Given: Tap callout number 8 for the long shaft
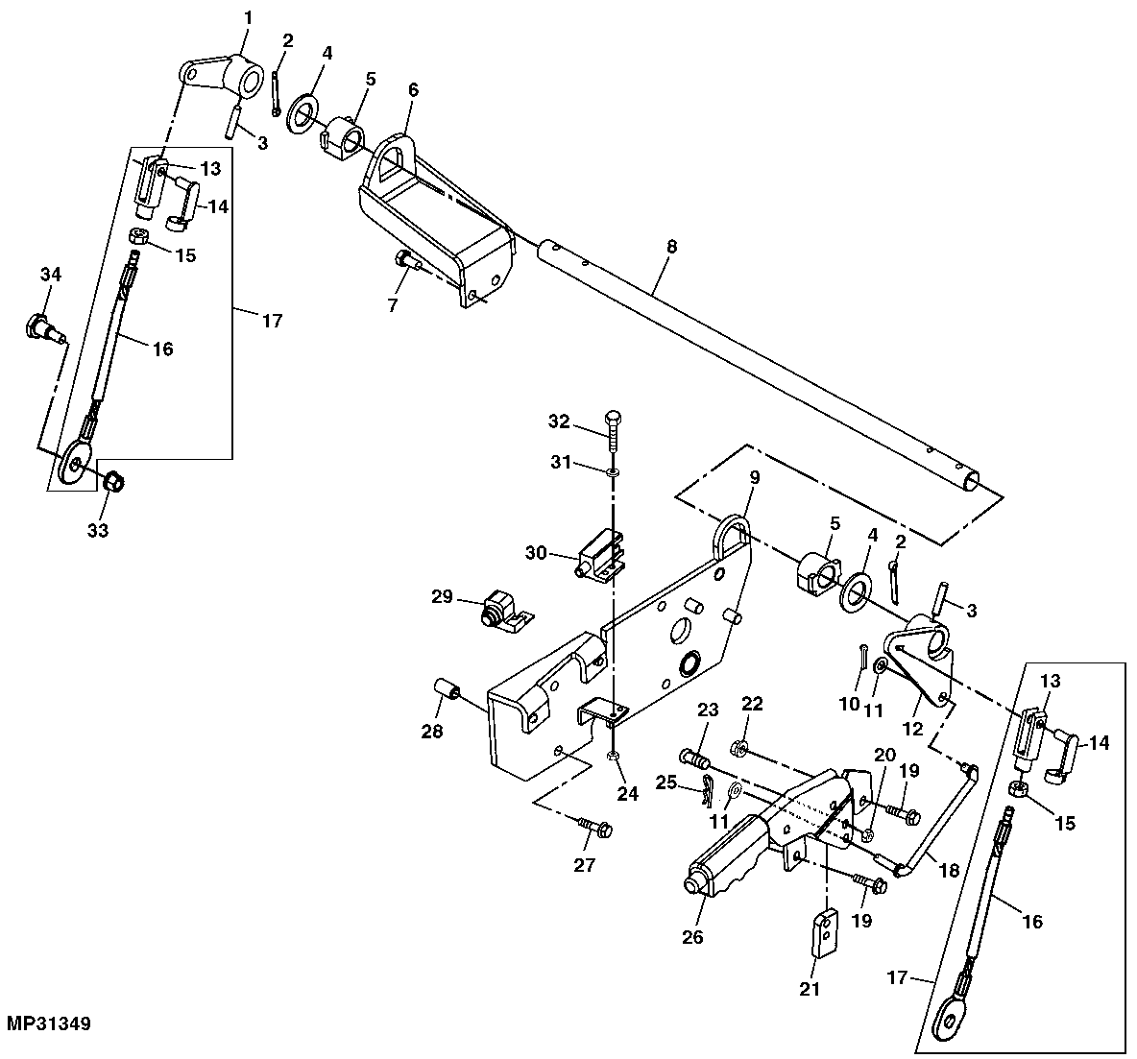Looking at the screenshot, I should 671,247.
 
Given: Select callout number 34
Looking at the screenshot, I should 50,276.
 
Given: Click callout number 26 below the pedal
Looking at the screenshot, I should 693,936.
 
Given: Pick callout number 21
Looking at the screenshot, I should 810,988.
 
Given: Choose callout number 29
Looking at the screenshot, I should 441,597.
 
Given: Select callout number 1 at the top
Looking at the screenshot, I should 248,18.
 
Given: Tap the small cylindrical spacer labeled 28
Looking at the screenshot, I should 448,691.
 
